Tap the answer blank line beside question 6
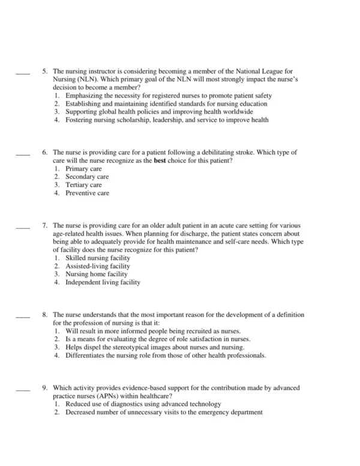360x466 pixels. [x=22, y=154]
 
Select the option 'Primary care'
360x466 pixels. [x=83, y=169]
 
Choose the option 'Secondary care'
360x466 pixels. [x=87, y=177]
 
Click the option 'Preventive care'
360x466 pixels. [x=87, y=193]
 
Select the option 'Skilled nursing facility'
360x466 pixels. [x=97, y=258]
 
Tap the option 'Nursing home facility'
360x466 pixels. [x=96, y=274]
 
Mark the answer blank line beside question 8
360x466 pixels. [x=22, y=316]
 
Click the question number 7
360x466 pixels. [x=45, y=226]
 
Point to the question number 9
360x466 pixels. [x=45, y=389]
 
